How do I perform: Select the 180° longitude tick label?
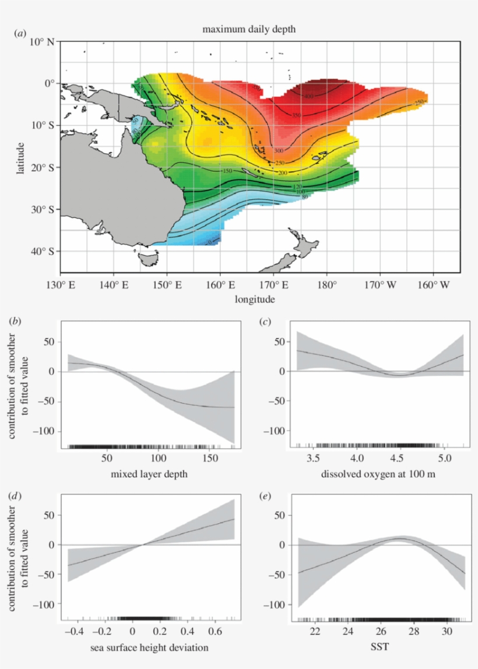(326, 286)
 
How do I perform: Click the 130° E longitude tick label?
(60, 286)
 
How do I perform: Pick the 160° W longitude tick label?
(433, 286)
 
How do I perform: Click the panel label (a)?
(20, 34)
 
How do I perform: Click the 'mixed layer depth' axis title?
(149, 475)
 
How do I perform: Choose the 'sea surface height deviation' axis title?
(149, 647)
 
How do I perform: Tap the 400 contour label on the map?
(308, 96)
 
